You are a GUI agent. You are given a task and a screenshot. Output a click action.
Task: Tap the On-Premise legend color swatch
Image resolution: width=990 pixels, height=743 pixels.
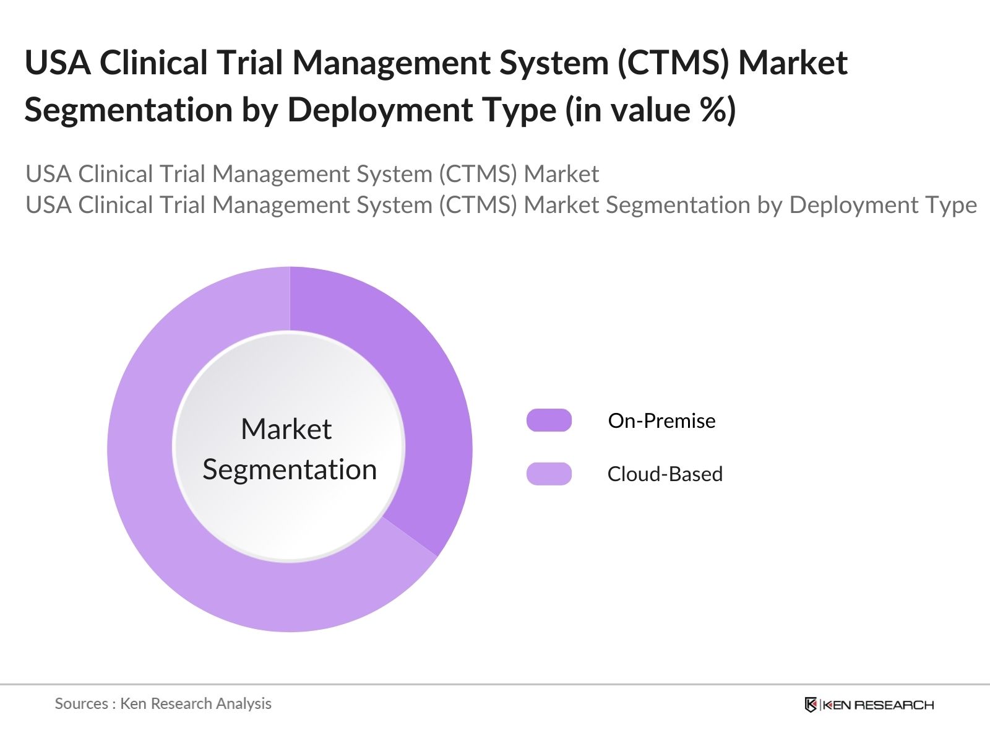click(x=549, y=420)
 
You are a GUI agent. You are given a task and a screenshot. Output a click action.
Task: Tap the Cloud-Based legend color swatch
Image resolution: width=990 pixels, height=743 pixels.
click(x=549, y=474)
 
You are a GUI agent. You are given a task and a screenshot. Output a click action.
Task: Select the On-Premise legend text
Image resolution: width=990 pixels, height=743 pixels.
click(x=661, y=421)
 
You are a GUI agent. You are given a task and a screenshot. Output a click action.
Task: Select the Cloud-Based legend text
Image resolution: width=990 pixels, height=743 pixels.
click(x=665, y=474)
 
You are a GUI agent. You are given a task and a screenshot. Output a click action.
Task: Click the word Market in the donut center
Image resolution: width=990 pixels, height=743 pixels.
click(x=286, y=429)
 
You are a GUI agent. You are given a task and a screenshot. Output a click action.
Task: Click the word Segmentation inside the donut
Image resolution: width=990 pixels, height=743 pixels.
click(x=290, y=469)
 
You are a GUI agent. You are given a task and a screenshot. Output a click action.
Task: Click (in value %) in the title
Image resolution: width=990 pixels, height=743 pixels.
click(x=650, y=110)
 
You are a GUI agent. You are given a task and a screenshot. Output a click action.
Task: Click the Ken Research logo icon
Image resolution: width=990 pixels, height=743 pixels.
click(x=811, y=705)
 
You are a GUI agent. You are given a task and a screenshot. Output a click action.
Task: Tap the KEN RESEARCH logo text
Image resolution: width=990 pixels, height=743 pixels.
click(x=878, y=705)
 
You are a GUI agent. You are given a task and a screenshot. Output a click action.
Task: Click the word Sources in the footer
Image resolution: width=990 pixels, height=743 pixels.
click(x=81, y=703)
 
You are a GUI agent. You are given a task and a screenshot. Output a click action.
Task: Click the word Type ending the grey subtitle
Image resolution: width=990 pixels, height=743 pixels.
click(x=948, y=205)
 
